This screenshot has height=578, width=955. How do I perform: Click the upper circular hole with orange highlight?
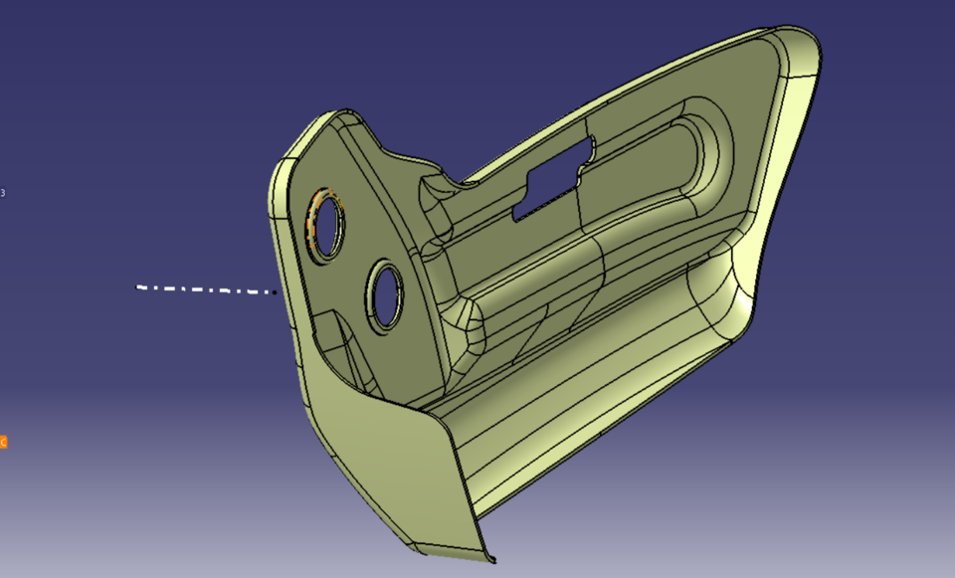tap(325, 222)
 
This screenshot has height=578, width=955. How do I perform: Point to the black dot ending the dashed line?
tap(275, 292)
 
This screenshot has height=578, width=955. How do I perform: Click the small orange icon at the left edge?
tap(3, 442)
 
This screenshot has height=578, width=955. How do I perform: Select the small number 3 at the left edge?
tap(3, 192)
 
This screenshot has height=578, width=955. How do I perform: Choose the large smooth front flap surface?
tap(398, 468)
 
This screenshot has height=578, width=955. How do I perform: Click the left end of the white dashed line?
tap(138, 287)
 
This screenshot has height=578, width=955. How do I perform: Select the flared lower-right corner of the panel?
tap(741, 289)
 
